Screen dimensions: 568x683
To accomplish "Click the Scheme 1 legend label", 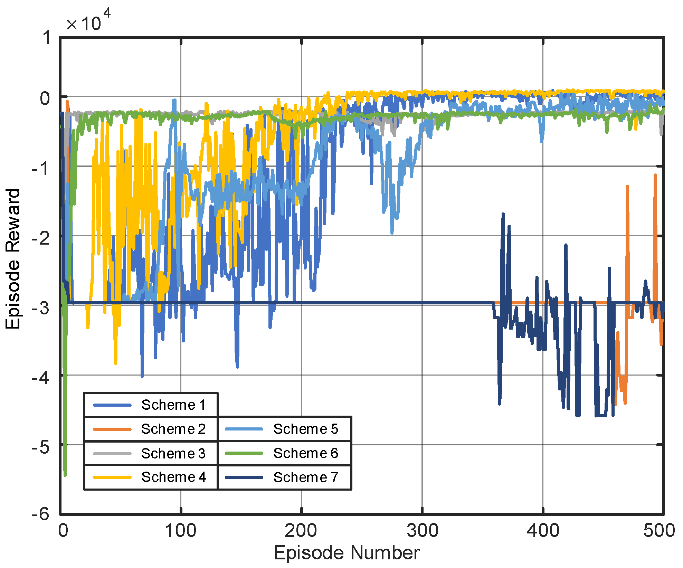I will [173, 405].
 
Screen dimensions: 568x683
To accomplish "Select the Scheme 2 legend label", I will [173, 429].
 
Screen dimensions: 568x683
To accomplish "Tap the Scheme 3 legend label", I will [173, 453].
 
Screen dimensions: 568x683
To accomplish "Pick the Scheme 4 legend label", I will [173, 477].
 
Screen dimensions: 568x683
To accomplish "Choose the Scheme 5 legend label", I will [305, 429].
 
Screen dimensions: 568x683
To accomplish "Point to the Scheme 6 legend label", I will [305, 453].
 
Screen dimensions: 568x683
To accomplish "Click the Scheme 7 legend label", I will [305, 477].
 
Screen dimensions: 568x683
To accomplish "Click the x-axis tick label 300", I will [422, 530].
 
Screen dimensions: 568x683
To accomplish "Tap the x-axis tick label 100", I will [180, 530].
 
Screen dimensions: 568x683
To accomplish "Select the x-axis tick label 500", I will [659, 530].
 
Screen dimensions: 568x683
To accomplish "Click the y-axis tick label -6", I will [40, 514].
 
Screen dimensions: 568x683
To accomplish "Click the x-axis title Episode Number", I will [347, 553].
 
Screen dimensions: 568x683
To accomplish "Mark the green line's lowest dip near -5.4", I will [65, 475].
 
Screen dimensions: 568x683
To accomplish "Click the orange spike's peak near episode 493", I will [655, 176].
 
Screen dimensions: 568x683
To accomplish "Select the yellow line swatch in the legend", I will [112, 477].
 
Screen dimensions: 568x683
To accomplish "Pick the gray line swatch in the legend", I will [112, 453].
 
